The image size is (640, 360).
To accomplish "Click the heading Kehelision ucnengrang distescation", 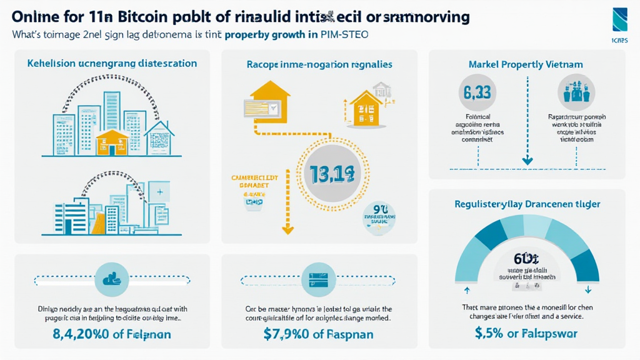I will (x=112, y=64).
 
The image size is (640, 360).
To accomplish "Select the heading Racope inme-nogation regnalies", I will (x=319, y=64).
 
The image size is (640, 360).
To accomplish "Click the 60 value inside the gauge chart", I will (x=522, y=258).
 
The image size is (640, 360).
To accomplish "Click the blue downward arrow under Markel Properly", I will (x=527, y=161).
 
